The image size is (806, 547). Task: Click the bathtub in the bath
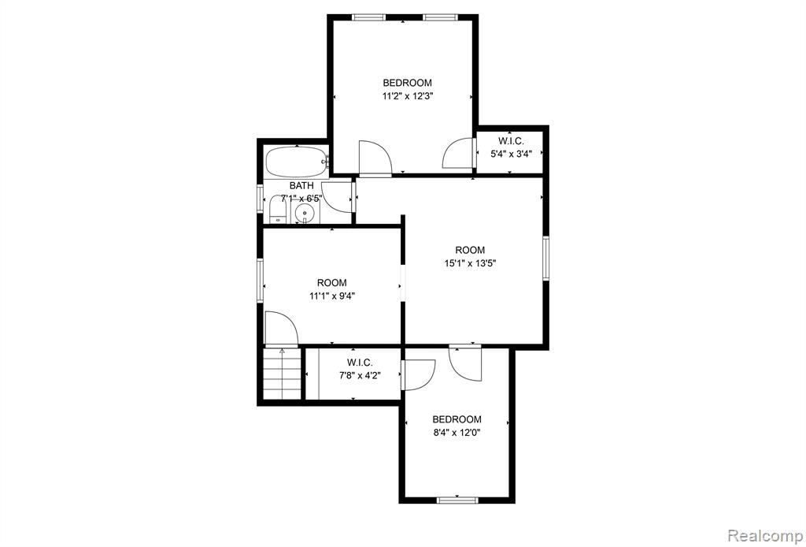coord(297,162)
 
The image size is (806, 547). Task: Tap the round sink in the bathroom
coord(305,212)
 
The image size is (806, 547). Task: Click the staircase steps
coord(282,374)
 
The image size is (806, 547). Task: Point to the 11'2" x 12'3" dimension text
coord(407,95)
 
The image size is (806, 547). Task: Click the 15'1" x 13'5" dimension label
coord(470,263)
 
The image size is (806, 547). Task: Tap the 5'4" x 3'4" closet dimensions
coord(510,154)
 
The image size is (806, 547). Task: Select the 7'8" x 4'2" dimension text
coord(360,376)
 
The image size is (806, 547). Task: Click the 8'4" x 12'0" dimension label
coord(457,433)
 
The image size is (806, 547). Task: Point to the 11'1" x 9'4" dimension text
coord(332,296)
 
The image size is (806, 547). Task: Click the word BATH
coord(301,186)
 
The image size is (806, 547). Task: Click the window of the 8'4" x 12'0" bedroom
coord(457,500)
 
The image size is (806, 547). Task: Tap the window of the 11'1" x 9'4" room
coord(260,281)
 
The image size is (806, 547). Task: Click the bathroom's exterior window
coord(260,197)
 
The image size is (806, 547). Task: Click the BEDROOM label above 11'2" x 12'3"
coord(407,82)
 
